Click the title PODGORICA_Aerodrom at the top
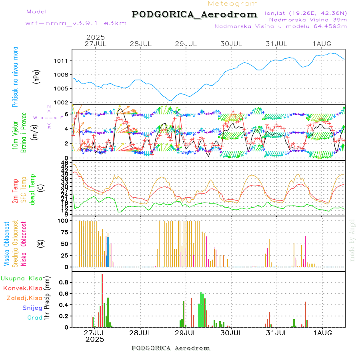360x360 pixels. [194, 14]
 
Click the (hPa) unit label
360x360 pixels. [37, 76]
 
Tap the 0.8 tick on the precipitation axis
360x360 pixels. [64, 282]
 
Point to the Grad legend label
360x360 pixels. [35, 318]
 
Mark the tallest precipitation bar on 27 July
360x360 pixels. [102, 300]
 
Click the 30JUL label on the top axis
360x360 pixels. [232, 44]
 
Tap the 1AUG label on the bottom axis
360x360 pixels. [322, 332]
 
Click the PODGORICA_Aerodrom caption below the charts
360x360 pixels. [171, 348]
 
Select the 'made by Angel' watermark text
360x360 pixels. [352, 240]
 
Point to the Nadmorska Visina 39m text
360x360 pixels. [308, 19]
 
